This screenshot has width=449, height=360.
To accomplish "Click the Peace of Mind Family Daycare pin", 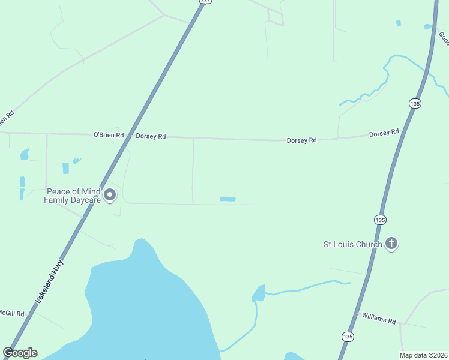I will coord(110,195).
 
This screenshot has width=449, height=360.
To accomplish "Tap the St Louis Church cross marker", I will coord(391,244).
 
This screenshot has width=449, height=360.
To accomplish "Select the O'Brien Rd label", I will coord(108,136).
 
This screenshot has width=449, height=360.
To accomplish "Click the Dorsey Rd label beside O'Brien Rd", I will coord(151,136).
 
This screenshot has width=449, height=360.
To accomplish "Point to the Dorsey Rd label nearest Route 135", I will coord(384,133).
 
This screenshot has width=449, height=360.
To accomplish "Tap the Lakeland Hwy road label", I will coord(49,280).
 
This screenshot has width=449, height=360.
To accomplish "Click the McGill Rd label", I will coord(11,313).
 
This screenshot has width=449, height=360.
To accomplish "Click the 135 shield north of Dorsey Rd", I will coord(415,103).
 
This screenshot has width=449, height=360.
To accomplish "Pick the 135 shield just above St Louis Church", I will coord(380,220).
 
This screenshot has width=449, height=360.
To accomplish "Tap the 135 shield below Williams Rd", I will coord(348,337).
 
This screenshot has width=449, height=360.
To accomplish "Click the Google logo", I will coord(20,353).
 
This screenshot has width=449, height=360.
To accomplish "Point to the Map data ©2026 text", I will coord(424,355).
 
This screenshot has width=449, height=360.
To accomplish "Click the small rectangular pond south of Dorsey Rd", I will coord(228,199).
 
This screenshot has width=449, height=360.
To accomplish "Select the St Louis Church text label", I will coord(352,244).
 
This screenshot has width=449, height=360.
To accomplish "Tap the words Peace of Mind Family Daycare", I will coord(72,196).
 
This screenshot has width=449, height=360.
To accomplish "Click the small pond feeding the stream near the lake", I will coord(259,293).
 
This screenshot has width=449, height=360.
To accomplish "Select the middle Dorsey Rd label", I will coord(301,140).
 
